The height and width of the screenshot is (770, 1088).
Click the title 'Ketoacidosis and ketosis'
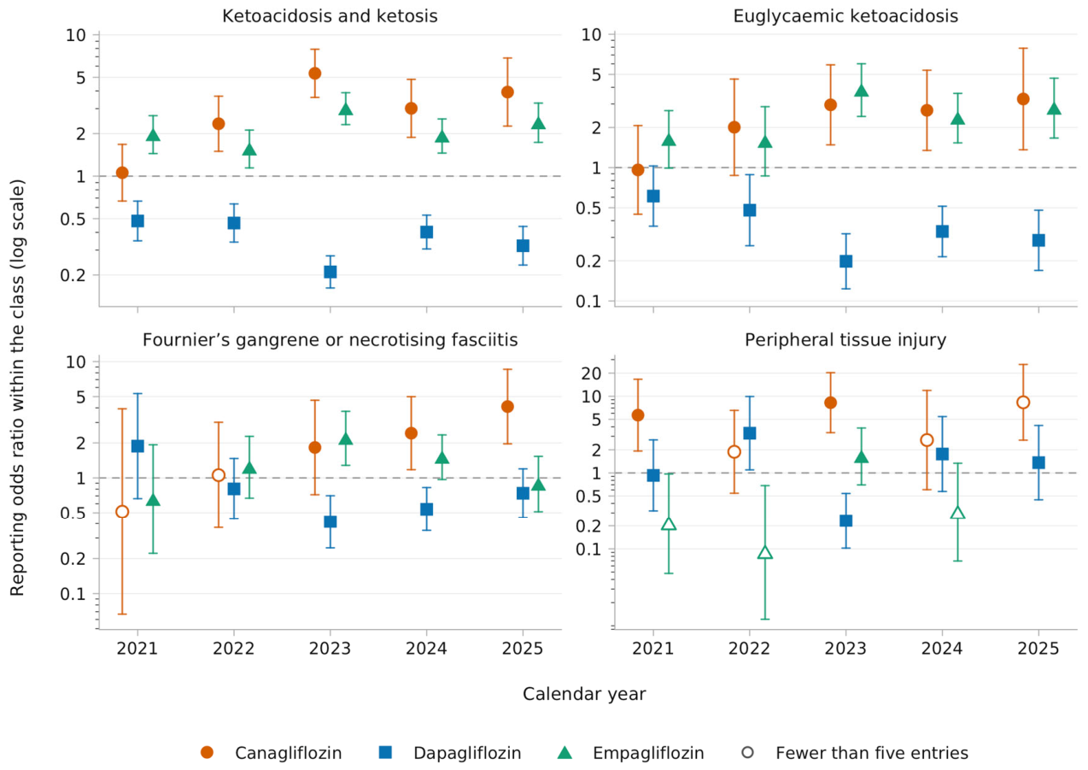[330, 16]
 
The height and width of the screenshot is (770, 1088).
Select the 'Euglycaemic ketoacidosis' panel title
[845, 16]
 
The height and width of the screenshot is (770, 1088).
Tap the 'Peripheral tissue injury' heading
[845, 340]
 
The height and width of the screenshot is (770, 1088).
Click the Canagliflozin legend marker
[208, 753]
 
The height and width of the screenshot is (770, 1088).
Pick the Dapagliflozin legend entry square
[386, 753]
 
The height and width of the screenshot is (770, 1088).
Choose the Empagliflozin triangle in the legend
[564, 753]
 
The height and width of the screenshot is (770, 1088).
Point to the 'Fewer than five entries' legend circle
[748, 753]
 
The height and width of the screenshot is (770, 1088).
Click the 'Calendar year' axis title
[584, 694]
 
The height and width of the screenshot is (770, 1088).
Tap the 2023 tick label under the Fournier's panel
[330, 649]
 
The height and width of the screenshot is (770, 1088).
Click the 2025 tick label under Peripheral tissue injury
[1038, 649]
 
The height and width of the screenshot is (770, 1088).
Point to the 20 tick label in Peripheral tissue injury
[591, 373]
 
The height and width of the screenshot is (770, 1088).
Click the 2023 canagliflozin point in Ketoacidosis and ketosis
[315, 73]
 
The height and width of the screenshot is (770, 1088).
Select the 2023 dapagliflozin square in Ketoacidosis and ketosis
[330, 272]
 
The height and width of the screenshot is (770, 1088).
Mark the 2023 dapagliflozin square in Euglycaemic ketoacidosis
[846, 262]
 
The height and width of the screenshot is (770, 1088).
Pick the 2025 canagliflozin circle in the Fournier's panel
[507, 407]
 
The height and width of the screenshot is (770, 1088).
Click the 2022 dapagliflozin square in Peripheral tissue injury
[750, 433]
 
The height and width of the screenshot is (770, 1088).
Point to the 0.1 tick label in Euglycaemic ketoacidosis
[588, 302]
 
